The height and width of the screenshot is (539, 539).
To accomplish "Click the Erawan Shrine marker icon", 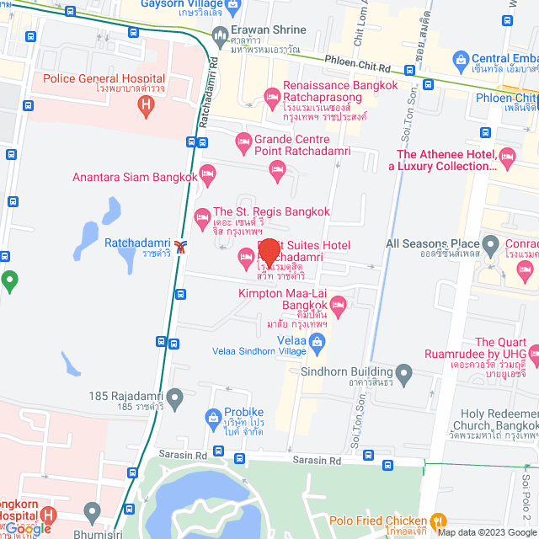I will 220,35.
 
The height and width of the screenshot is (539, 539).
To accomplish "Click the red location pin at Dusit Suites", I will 269,253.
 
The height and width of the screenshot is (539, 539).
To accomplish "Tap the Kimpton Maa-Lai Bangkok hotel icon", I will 339,305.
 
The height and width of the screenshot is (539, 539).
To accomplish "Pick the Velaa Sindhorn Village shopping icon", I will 317,341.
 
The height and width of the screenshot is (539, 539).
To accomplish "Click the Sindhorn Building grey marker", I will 404,372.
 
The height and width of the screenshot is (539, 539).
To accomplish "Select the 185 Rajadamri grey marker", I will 174,396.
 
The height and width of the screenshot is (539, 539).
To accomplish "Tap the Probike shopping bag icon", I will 214,417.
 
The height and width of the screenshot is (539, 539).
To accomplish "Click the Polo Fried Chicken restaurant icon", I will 437,520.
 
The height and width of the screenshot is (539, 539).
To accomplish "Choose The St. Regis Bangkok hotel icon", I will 202,218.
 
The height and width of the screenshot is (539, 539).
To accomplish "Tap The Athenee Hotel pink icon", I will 507,156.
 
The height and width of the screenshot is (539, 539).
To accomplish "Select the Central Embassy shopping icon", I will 461,60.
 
